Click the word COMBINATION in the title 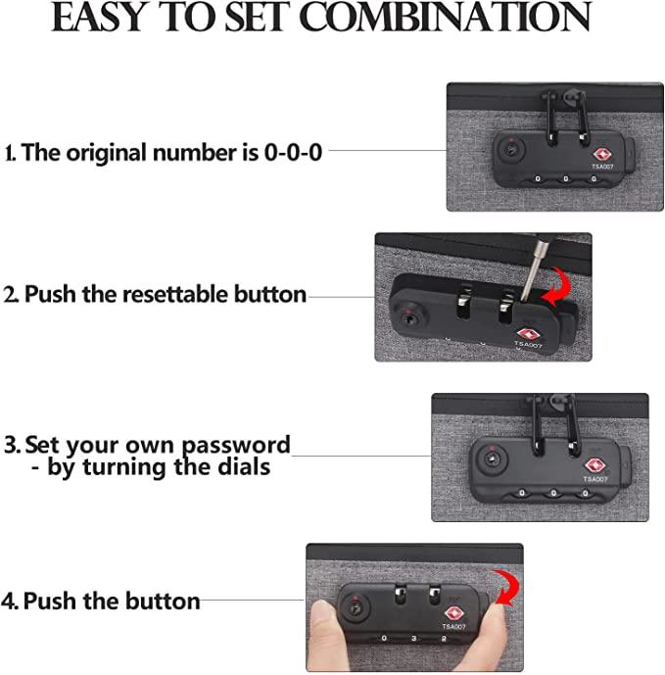(445, 18)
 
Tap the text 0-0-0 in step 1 (293, 153)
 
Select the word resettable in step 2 (174, 294)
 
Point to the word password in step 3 (236, 445)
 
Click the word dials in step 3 (244, 466)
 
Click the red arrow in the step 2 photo (557, 287)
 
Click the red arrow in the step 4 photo (506, 589)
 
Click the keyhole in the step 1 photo (512, 150)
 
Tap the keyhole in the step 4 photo (356, 609)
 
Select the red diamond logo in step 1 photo (601, 155)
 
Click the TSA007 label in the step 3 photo (595, 479)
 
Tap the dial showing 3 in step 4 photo (413, 639)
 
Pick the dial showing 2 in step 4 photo (444, 639)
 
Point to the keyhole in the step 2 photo (406, 319)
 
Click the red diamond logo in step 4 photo (453, 613)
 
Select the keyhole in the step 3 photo (492, 458)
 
